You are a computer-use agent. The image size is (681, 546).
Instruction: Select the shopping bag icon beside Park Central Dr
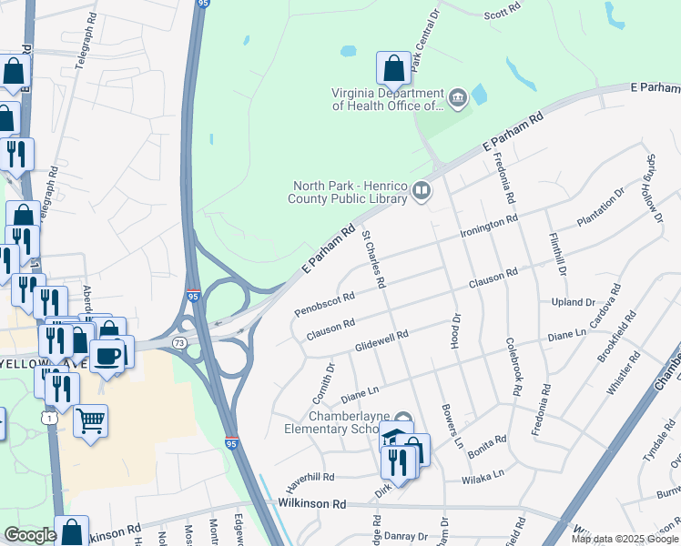392,68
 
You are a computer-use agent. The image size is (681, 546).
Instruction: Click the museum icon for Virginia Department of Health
457,96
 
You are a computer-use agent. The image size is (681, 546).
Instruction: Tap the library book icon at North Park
421,190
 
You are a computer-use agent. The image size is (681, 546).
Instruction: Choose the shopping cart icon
90,421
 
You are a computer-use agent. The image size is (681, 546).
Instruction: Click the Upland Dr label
572,302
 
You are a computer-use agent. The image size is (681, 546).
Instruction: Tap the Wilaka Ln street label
483,475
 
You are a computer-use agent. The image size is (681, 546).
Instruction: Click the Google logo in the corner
30,535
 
